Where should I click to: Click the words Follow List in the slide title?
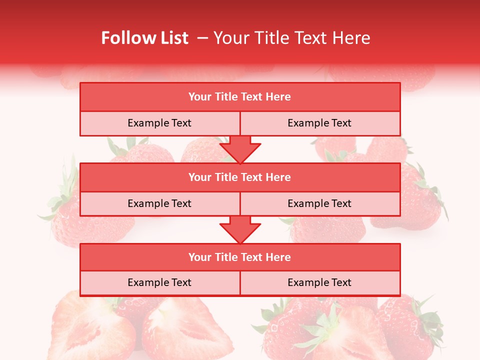(x=144, y=38)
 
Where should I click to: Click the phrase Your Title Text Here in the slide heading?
(x=291, y=38)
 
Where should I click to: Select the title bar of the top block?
(x=240, y=97)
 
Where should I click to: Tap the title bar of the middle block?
(x=240, y=177)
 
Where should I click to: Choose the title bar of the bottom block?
(x=240, y=257)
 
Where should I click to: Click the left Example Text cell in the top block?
(x=159, y=123)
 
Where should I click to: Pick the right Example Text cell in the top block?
(x=319, y=123)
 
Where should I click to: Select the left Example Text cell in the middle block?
(x=159, y=203)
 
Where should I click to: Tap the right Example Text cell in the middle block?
(x=319, y=203)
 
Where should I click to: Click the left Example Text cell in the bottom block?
(x=159, y=282)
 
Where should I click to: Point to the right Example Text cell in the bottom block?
(x=319, y=282)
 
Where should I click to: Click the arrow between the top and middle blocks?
(x=240, y=149)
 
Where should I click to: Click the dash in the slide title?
(x=203, y=38)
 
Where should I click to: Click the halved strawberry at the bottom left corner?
(x=90, y=327)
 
